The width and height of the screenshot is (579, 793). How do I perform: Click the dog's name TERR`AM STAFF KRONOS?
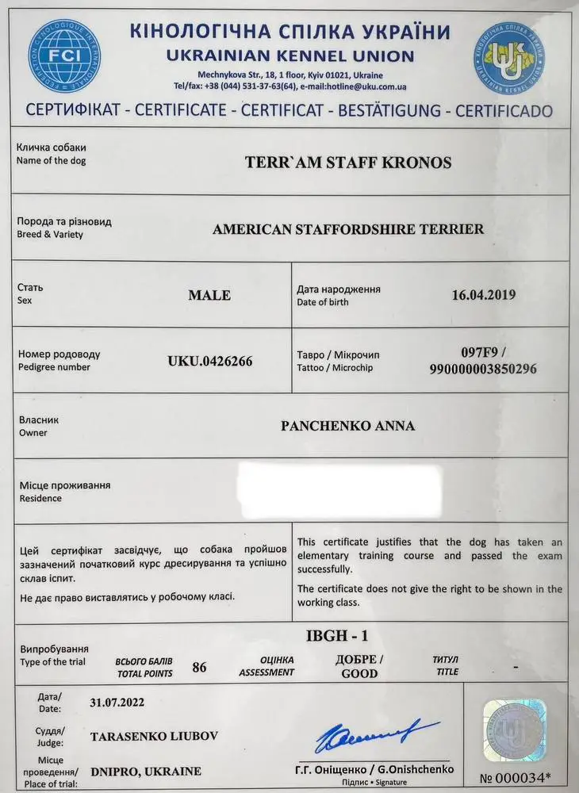[x=348, y=163]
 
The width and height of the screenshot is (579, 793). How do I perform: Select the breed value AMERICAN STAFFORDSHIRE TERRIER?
[x=348, y=229]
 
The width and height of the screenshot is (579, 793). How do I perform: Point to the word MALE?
[x=209, y=295]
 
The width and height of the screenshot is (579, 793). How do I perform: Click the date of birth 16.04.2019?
[x=484, y=295]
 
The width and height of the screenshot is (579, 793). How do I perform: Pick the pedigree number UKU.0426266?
[x=210, y=362]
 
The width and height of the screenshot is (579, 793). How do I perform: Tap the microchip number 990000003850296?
[x=483, y=369]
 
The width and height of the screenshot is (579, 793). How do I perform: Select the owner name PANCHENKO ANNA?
[x=348, y=426]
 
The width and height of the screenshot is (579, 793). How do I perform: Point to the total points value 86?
[x=199, y=667]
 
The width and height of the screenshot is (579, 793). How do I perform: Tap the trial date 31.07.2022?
[x=117, y=702]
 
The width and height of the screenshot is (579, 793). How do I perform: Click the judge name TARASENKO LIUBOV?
[x=154, y=736]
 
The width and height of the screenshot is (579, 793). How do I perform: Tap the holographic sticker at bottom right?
[x=515, y=728]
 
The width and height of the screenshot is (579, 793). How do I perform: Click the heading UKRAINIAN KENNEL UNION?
[x=289, y=56]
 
